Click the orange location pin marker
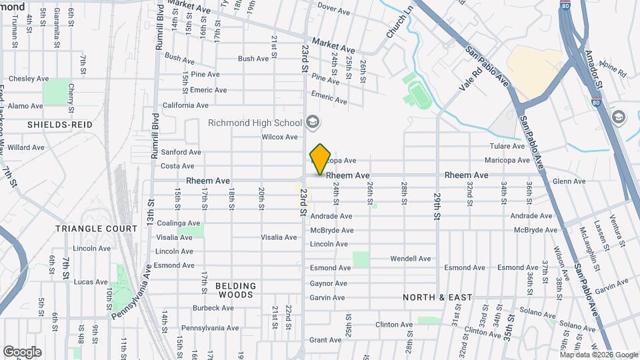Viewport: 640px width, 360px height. point(321,159)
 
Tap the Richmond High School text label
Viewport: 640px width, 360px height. point(255,123)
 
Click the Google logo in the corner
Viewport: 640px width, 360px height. point(22,351)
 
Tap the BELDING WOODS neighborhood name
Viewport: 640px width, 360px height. point(235,290)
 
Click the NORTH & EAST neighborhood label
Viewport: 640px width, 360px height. point(437,297)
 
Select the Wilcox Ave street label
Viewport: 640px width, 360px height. point(279,137)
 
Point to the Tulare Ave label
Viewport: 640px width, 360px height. point(508,146)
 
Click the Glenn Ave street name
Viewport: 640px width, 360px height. point(569,181)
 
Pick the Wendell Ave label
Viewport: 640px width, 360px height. point(410,259)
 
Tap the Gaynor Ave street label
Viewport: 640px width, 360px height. point(328,283)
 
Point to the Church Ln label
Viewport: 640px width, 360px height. point(400,23)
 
